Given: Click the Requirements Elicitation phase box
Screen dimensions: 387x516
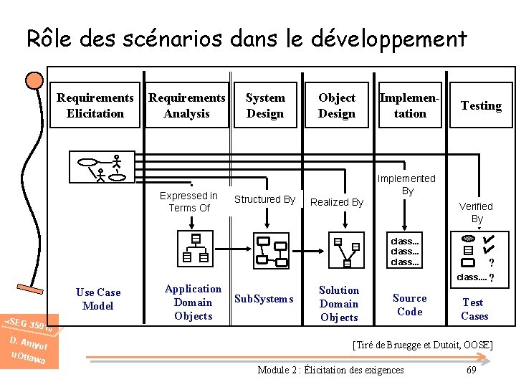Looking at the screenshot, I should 95,106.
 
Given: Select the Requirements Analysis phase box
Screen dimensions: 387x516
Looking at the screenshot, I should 187,106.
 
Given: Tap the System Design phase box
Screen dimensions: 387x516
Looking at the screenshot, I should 265,106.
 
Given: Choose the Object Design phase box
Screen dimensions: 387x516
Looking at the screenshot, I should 337,106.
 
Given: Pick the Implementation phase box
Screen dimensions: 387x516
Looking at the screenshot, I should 410,106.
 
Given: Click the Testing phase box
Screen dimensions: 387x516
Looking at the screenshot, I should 481,106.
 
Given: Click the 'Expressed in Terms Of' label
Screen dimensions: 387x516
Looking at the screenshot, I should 189,201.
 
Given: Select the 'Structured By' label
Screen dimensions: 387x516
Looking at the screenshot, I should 264,199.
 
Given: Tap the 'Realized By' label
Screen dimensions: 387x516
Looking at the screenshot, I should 337,202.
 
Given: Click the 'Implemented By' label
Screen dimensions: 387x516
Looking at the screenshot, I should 407,184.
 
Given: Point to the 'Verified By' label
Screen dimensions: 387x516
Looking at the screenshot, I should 477,212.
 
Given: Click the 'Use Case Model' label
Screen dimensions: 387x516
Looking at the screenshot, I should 98,299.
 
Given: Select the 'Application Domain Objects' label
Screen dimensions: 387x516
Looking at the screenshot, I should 193,302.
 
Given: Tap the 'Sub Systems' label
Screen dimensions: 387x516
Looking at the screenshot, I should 264,299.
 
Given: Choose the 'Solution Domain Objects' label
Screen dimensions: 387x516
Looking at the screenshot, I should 339,303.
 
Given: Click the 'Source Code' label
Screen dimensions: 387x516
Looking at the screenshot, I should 410,305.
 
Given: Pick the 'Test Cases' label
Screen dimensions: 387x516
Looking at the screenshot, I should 474,309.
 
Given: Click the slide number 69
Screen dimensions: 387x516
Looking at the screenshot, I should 471,370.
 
